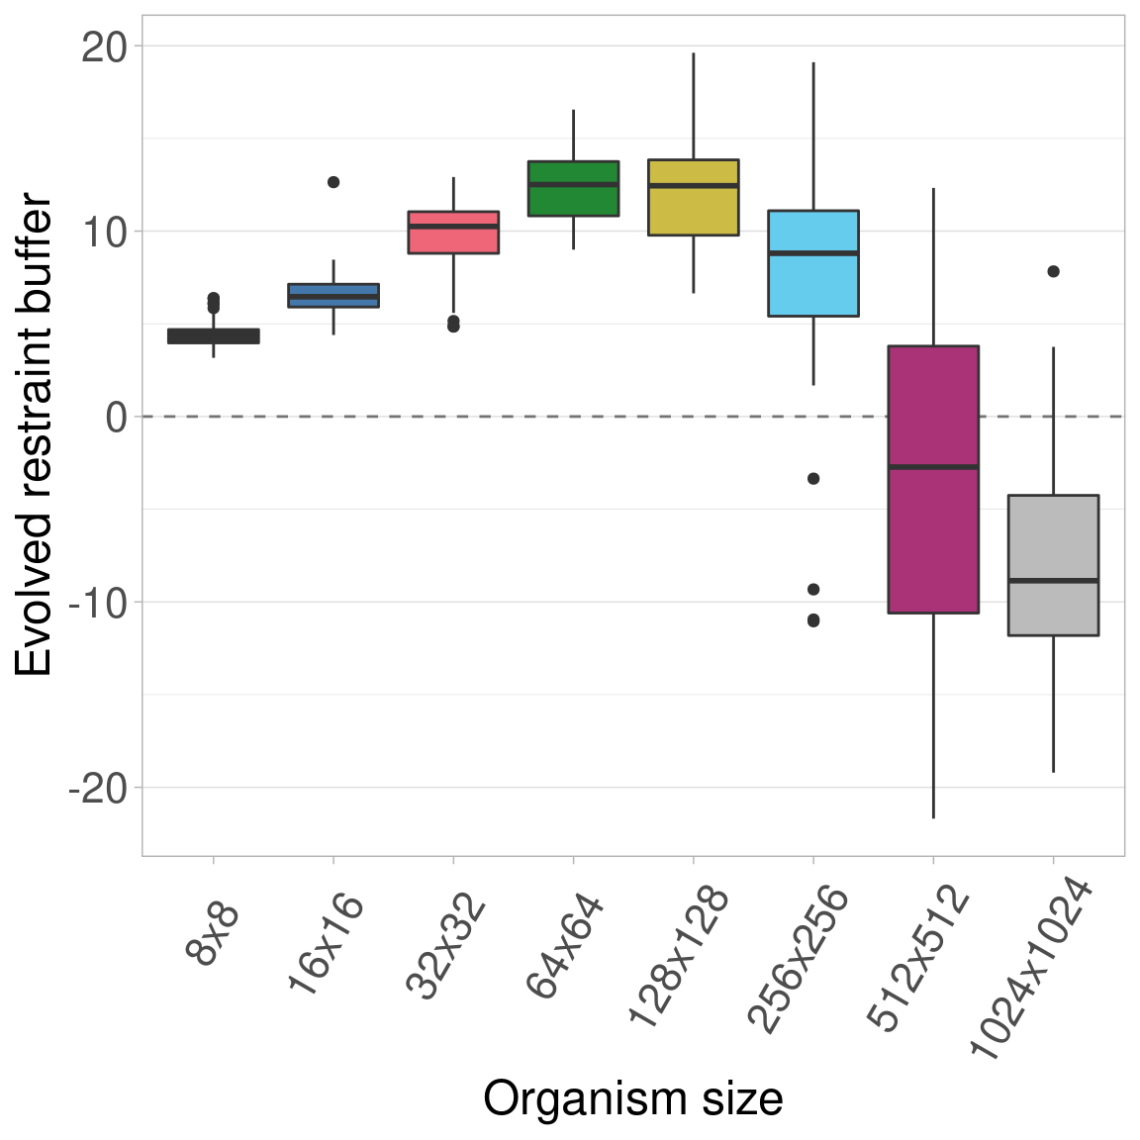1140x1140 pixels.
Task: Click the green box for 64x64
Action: pyautogui.click(x=573, y=188)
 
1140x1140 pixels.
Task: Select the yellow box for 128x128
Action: pyautogui.click(x=693, y=197)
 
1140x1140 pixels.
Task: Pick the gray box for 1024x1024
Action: pyautogui.click(x=1053, y=564)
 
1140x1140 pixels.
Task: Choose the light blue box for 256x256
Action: pyautogui.click(x=813, y=263)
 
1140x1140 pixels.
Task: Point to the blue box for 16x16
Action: pyautogui.click(x=333, y=295)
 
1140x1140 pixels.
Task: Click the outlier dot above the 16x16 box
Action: pyautogui.click(x=333, y=182)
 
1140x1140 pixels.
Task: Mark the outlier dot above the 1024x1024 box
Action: pyautogui.click(x=1053, y=271)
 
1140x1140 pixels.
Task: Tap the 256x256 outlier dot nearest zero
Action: pyautogui.click(x=813, y=478)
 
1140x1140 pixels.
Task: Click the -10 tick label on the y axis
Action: pyautogui.click(x=98, y=603)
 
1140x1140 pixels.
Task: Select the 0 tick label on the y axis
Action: pyautogui.click(x=117, y=417)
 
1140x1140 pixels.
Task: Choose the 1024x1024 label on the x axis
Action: pyautogui.click(x=1031, y=970)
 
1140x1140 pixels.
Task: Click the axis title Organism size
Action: pyautogui.click(x=632, y=1098)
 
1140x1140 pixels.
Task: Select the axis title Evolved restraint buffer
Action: pyautogui.click(x=36, y=435)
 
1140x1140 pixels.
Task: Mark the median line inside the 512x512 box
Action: pyautogui.click(x=933, y=466)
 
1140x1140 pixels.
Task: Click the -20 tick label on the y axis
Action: pyautogui.click(x=98, y=788)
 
